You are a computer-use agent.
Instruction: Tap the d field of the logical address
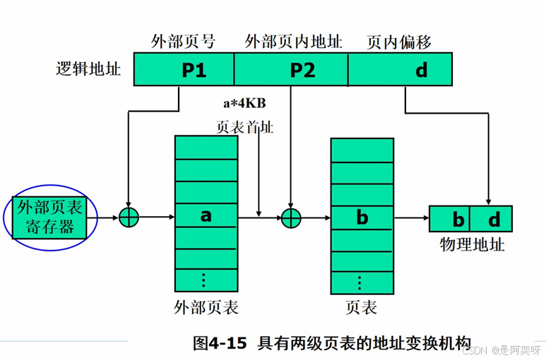[x=420, y=70]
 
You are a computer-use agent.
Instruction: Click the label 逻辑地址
[x=88, y=69]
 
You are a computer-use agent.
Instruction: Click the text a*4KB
[x=244, y=103]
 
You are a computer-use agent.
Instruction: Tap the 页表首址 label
[x=244, y=128]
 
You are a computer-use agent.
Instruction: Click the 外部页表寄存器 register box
[x=49, y=217]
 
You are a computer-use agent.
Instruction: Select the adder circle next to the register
[x=128, y=217]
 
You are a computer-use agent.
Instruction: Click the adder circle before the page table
[x=291, y=217]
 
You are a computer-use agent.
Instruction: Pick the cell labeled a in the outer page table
[x=206, y=215]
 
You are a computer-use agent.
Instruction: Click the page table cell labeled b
[x=362, y=217]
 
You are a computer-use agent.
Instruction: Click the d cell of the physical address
[x=494, y=219]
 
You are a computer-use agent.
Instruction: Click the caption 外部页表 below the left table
[x=206, y=308]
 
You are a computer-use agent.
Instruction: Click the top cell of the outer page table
[x=206, y=148]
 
